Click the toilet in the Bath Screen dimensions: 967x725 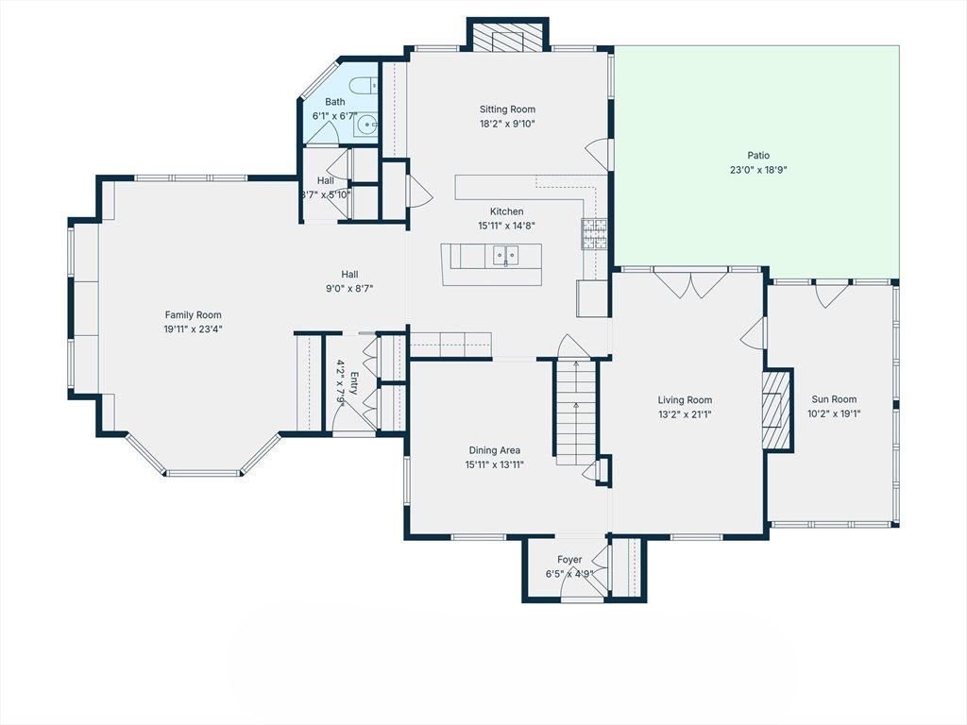pyautogui.click(x=364, y=84)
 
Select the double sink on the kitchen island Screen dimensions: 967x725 pyautogui.click(x=506, y=254)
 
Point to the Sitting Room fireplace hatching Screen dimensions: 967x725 pyautogui.click(x=507, y=41)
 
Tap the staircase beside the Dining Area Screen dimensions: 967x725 pyautogui.click(x=577, y=413)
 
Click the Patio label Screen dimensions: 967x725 pyautogui.click(x=758, y=156)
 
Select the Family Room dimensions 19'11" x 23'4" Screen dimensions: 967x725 pyautogui.click(x=193, y=329)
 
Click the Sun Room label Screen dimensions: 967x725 pyautogui.click(x=834, y=399)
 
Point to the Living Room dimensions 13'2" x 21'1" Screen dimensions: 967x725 pyautogui.click(x=685, y=414)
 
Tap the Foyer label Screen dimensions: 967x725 pyautogui.click(x=569, y=560)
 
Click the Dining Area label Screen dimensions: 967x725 pyautogui.click(x=494, y=450)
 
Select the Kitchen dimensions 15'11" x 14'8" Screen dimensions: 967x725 pyautogui.click(x=506, y=226)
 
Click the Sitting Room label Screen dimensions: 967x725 pyautogui.click(x=507, y=110)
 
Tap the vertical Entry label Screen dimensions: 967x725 pyautogui.click(x=354, y=383)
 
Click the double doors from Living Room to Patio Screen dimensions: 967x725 pyautogui.click(x=690, y=283)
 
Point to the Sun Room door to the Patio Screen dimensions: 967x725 pyautogui.click(x=832, y=294)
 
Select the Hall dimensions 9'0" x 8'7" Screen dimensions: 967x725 pyautogui.click(x=349, y=288)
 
